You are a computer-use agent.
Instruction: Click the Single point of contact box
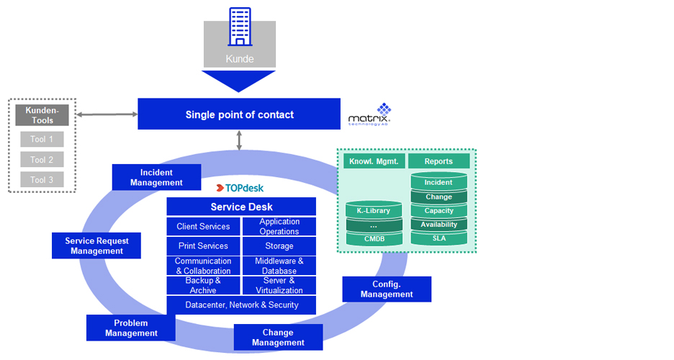click(239, 114)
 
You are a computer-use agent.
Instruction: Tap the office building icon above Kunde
click(240, 27)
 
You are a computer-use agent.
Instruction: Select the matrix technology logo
click(369, 115)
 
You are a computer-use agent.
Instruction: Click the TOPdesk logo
click(240, 188)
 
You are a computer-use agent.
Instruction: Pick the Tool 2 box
click(42, 160)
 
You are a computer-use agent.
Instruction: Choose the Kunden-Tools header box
click(42, 115)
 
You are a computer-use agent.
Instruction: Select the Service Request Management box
click(96, 246)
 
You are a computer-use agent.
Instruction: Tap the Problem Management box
click(131, 328)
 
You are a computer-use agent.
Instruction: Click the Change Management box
click(278, 337)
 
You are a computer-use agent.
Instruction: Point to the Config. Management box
click(387, 289)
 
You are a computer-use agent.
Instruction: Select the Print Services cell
click(203, 246)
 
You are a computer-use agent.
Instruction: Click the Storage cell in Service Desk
click(279, 246)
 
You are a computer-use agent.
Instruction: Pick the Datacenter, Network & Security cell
click(241, 305)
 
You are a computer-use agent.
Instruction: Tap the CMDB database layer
click(374, 239)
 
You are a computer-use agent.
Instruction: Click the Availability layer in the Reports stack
click(439, 225)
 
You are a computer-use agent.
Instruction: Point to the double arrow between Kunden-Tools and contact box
click(107, 114)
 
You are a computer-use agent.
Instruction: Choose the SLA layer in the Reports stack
click(439, 238)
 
